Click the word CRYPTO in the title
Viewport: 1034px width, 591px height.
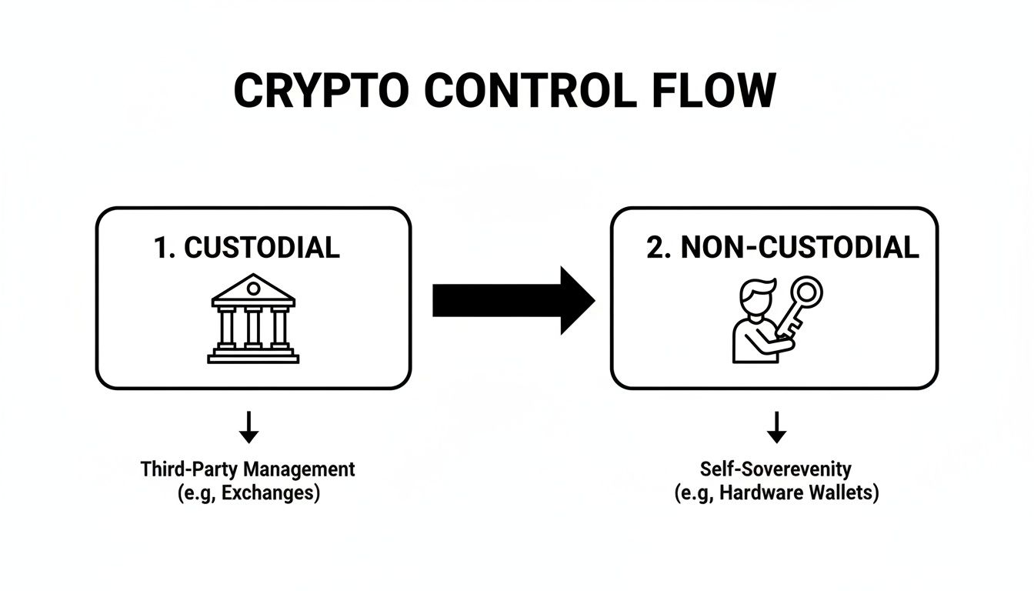(x=322, y=92)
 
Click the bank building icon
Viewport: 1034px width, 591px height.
(x=253, y=319)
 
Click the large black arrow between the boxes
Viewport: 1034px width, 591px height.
(x=512, y=300)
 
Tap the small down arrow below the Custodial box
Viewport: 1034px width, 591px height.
(x=248, y=428)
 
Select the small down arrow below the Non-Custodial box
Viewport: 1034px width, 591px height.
(x=777, y=428)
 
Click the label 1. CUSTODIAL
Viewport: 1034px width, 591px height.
(x=247, y=247)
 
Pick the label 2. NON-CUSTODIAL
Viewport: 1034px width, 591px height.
(x=782, y=247)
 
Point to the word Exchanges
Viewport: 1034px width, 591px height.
(x=269, y=492)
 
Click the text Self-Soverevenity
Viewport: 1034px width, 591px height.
(x=776, y=469)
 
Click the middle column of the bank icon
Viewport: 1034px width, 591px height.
(x=253, y=327)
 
